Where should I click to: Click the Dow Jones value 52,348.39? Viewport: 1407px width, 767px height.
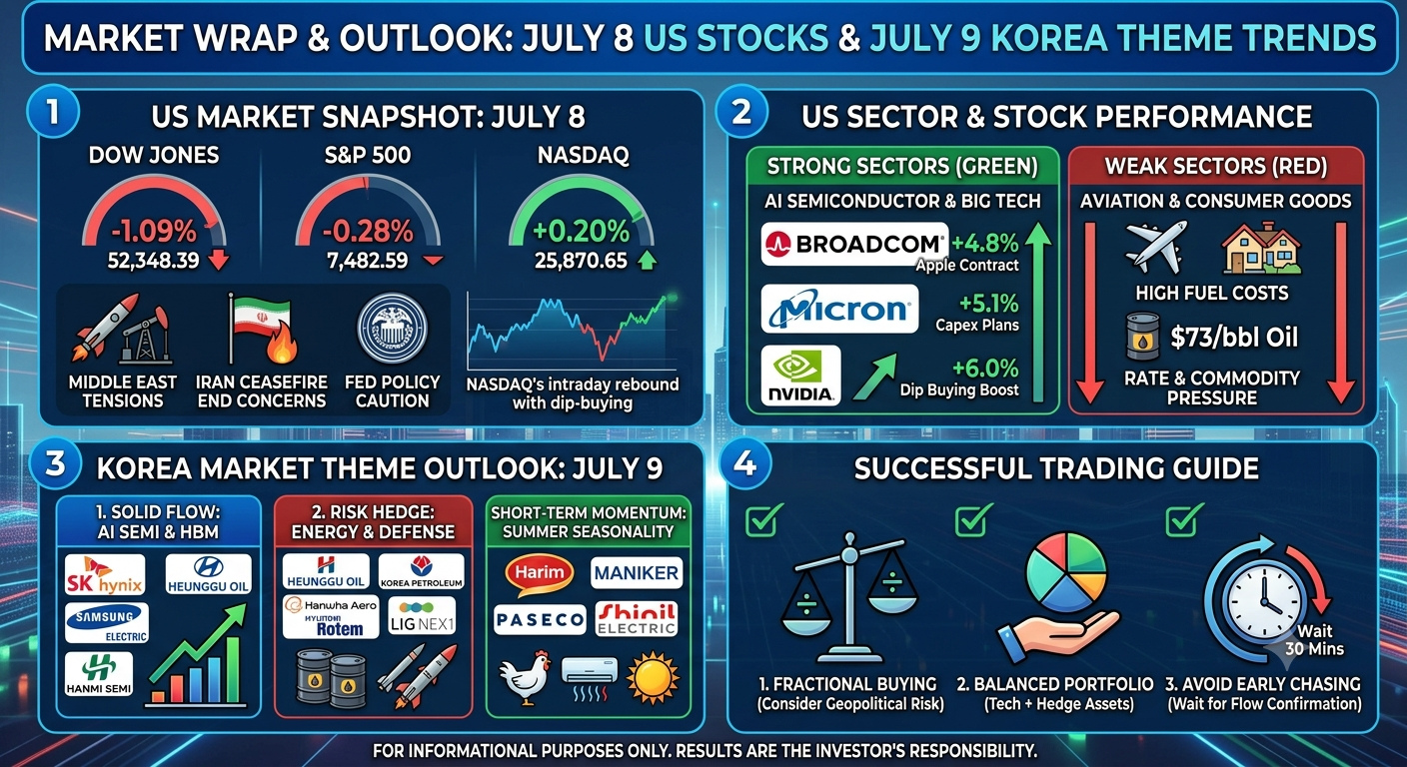point(153,261)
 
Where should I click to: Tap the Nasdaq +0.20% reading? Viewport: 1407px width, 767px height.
point(581,232)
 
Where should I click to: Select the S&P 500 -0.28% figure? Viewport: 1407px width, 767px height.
point(368,232)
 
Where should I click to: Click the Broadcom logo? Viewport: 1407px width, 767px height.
point(854,244)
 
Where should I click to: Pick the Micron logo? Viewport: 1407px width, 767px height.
point(839,309)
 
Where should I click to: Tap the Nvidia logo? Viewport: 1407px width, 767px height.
point(800,376)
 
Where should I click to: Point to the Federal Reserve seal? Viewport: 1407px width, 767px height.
point(392,329)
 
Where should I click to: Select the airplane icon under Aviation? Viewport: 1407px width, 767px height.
point(1156,246)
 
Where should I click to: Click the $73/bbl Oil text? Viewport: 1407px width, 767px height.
point(1234,337)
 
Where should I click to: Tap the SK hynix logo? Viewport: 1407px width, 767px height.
point(105,574)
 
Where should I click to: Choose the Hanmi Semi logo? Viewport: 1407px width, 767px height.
point(99,674)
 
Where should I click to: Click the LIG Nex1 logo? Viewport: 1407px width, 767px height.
point(422,616)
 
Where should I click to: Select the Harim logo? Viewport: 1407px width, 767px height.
point(539,574)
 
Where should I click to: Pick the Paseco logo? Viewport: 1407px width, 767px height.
point(540,619)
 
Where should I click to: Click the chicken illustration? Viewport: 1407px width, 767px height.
point(524,677)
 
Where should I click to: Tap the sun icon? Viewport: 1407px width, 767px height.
point(654,678)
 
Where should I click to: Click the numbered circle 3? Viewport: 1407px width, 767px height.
point(55,464)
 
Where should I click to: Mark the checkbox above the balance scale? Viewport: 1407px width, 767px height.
point(762,519)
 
